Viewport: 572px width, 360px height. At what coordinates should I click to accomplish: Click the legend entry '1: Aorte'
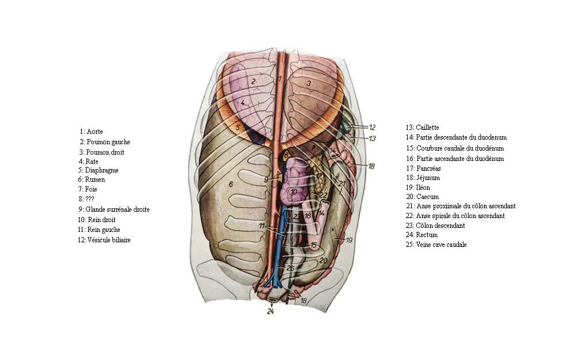click(x=91, y=132)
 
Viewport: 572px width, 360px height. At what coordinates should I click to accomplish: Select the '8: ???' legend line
click(x=86, y=199)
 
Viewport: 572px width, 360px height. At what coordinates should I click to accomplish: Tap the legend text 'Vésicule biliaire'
click(x=109, y=240)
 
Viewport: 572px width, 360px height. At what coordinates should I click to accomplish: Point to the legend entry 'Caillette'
click(x=427, y=127)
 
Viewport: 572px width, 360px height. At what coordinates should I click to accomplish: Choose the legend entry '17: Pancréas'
click(x=423, y=168)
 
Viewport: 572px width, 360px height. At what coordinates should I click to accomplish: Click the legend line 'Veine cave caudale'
click(x=441, y=245)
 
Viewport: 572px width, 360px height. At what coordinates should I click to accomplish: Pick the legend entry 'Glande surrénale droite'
click(x=118, y=209)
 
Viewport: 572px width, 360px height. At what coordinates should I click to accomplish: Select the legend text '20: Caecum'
click(x=422, y=197)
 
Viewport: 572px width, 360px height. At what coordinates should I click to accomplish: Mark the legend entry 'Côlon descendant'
click(x=441, y=226)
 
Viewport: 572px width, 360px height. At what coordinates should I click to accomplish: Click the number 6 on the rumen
click(x=231, y=185)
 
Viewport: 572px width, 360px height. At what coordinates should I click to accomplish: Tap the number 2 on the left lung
click(x=253, y=81)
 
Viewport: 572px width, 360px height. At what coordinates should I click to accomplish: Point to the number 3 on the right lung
click(x=308, y=84)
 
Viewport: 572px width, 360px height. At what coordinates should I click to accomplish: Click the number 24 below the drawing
click(x=270, y=311)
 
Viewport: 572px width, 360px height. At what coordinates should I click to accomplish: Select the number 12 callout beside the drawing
click(x=372, y=127)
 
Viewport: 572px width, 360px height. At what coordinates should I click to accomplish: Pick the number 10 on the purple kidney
click(x=293, y=192)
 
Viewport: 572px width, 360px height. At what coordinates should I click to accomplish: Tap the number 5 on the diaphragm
click(x=238, y=127)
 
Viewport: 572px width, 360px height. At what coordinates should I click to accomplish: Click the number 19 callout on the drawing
click(x=349, y=240)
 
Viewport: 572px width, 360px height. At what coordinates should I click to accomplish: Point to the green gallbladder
click(x=345, y=126)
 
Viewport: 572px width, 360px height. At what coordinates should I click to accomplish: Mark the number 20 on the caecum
click(x=323, y=261)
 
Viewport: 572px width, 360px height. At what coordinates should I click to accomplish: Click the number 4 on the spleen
click(x=243, y=103)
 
